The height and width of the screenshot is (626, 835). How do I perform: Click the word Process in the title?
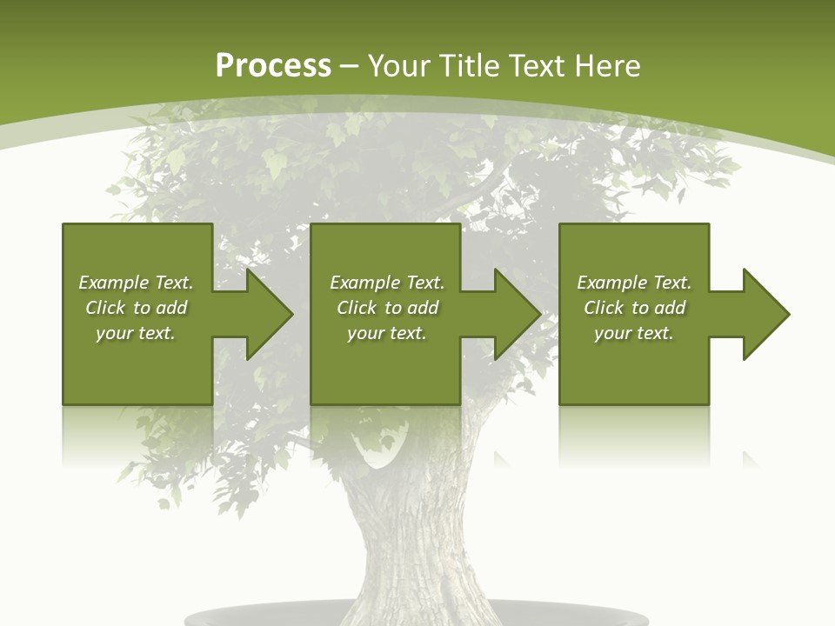(273, 66)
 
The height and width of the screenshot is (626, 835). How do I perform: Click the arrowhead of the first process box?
(266, 314)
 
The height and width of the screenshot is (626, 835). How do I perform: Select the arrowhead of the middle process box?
(515, 314)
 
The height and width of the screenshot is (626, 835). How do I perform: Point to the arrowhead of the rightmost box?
(764, 314)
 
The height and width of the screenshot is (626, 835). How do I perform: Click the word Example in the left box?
(113, 283)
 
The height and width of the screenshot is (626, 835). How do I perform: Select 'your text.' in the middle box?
(386, 333)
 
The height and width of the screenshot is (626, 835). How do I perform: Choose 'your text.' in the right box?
(633, 333)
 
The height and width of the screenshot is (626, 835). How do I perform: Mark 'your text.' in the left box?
(135, 333)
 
